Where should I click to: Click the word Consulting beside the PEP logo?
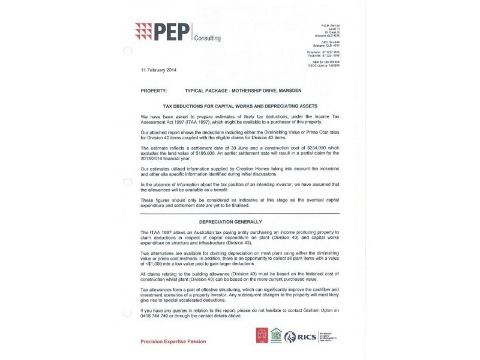(207, 38)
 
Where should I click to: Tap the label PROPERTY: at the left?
(154, 90)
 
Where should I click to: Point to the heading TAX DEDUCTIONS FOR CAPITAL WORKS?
(240, 105)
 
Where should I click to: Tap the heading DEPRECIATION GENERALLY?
(240, 221)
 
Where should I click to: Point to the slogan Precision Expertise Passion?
(173, 341)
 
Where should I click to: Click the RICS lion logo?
(290, 337)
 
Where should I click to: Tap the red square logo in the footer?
(261, 335)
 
